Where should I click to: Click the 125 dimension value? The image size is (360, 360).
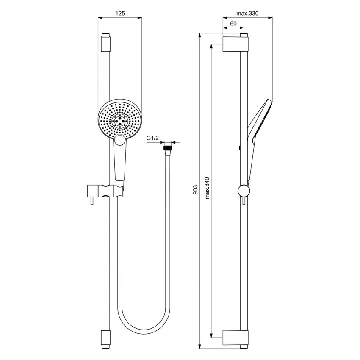click(120, 14)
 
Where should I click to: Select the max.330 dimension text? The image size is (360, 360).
click(247, 14)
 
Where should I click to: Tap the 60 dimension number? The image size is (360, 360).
click(233, 24)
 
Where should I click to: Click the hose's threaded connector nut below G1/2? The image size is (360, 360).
click(168, 148)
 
